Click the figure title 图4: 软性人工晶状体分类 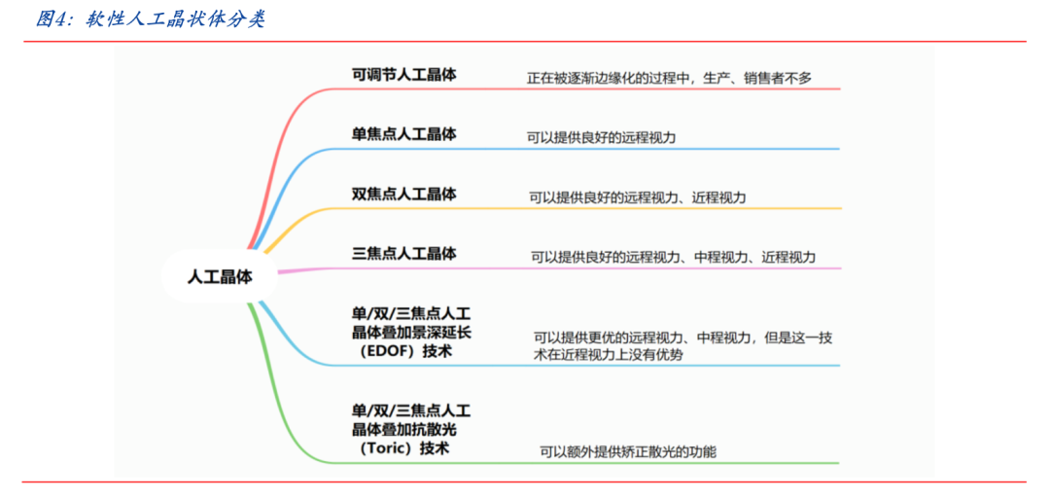(x=150, y=18)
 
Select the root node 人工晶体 (x=220, y=276)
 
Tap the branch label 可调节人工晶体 (x=403, y=74)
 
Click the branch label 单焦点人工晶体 (x=403, y=134)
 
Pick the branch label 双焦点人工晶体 (x=403, y=194)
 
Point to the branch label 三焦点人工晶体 (x=403, y=254)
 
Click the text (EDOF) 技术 (x=403, y=351)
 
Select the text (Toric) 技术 (x=403, y=448)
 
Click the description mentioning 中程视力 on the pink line (x=673, y=258)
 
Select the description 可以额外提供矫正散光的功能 (x=627, y=452)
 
